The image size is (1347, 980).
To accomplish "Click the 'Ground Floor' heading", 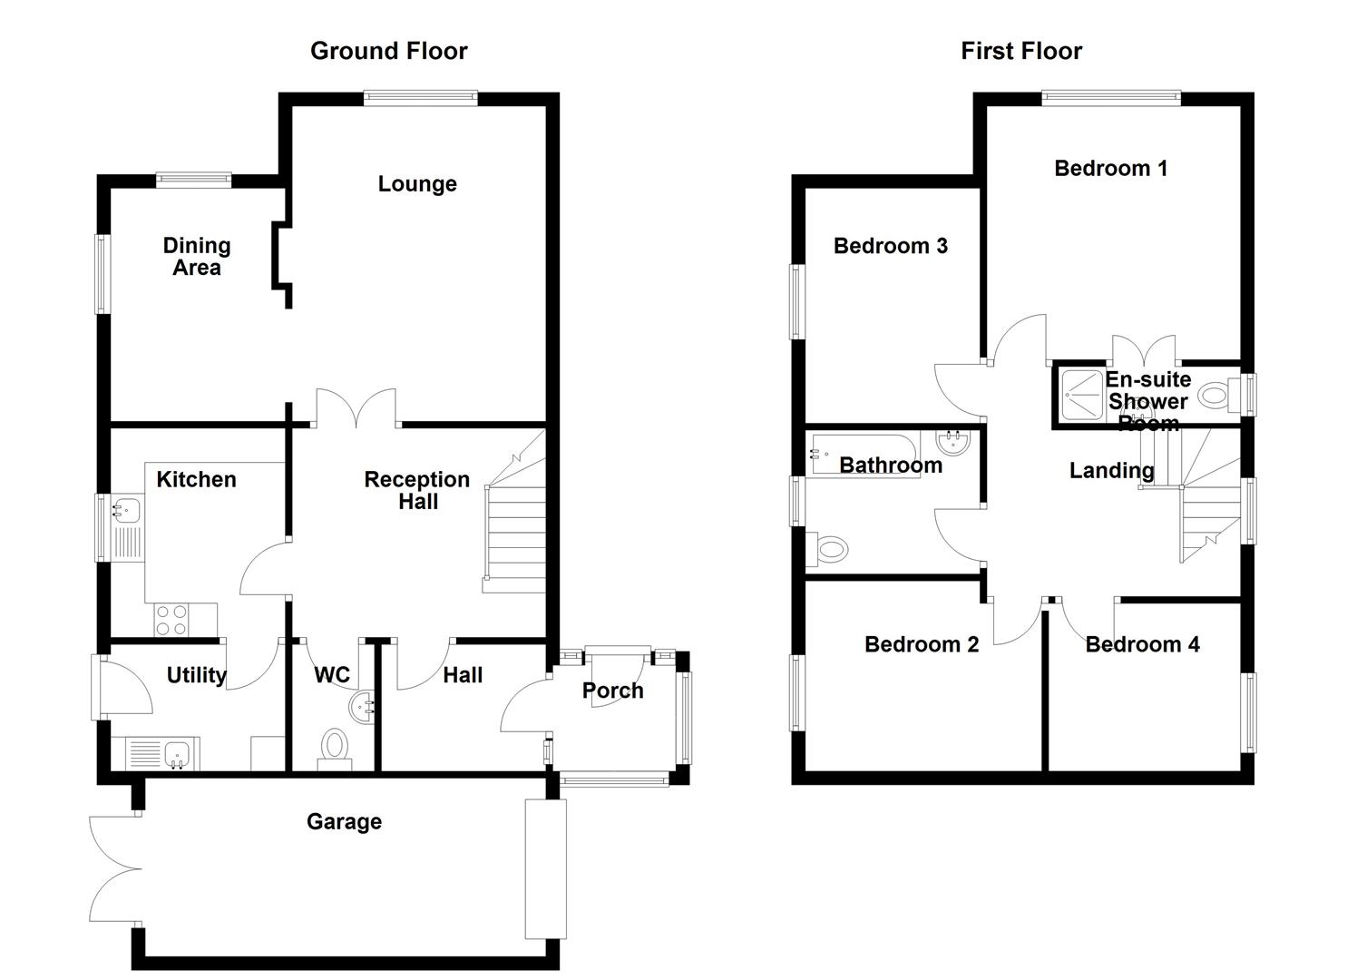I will [388, 51].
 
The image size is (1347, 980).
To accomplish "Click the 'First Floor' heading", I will [1021, 51].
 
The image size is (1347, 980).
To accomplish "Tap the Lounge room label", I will [417, 184].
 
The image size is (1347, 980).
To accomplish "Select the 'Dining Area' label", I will [197, 257].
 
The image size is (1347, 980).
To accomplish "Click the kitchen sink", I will [126, 510].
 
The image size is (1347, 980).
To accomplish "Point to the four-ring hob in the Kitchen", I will [171, 620].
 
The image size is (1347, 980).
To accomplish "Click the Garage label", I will [344, 822].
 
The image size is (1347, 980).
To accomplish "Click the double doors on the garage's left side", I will [116, 870].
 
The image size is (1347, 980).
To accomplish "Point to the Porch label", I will [613, 691].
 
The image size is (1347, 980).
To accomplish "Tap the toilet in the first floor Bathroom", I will [827, 548].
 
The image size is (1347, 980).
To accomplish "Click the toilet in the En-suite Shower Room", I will [1217, 396].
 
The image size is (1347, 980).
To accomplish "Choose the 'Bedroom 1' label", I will [1110, 169].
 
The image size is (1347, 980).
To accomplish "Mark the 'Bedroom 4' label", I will [1142, 645].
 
